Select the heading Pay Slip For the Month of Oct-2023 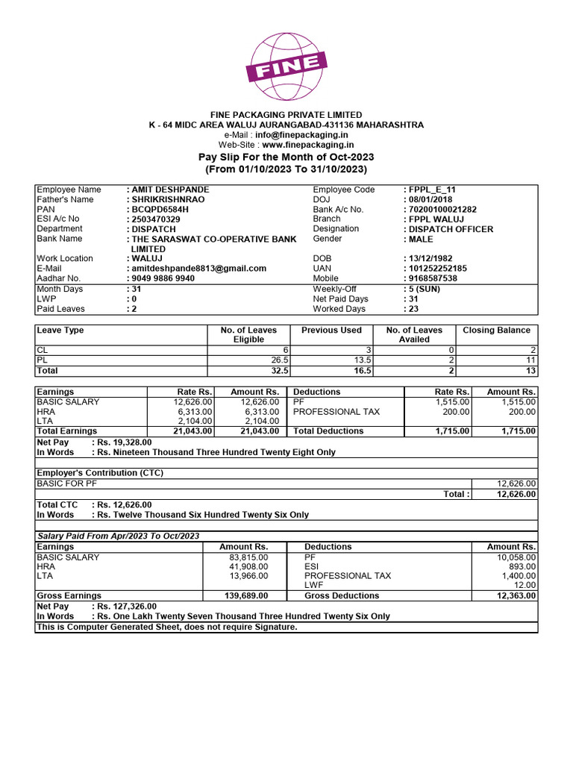coord(286,157)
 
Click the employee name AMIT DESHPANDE coord(171,190)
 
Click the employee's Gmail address coord(199,268)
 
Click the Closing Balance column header coord(496,331)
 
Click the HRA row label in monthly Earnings coord(46,411)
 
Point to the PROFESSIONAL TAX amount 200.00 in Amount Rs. coord(521,411)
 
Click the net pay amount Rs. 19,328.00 coord(122,442)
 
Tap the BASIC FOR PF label coord(67,483)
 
